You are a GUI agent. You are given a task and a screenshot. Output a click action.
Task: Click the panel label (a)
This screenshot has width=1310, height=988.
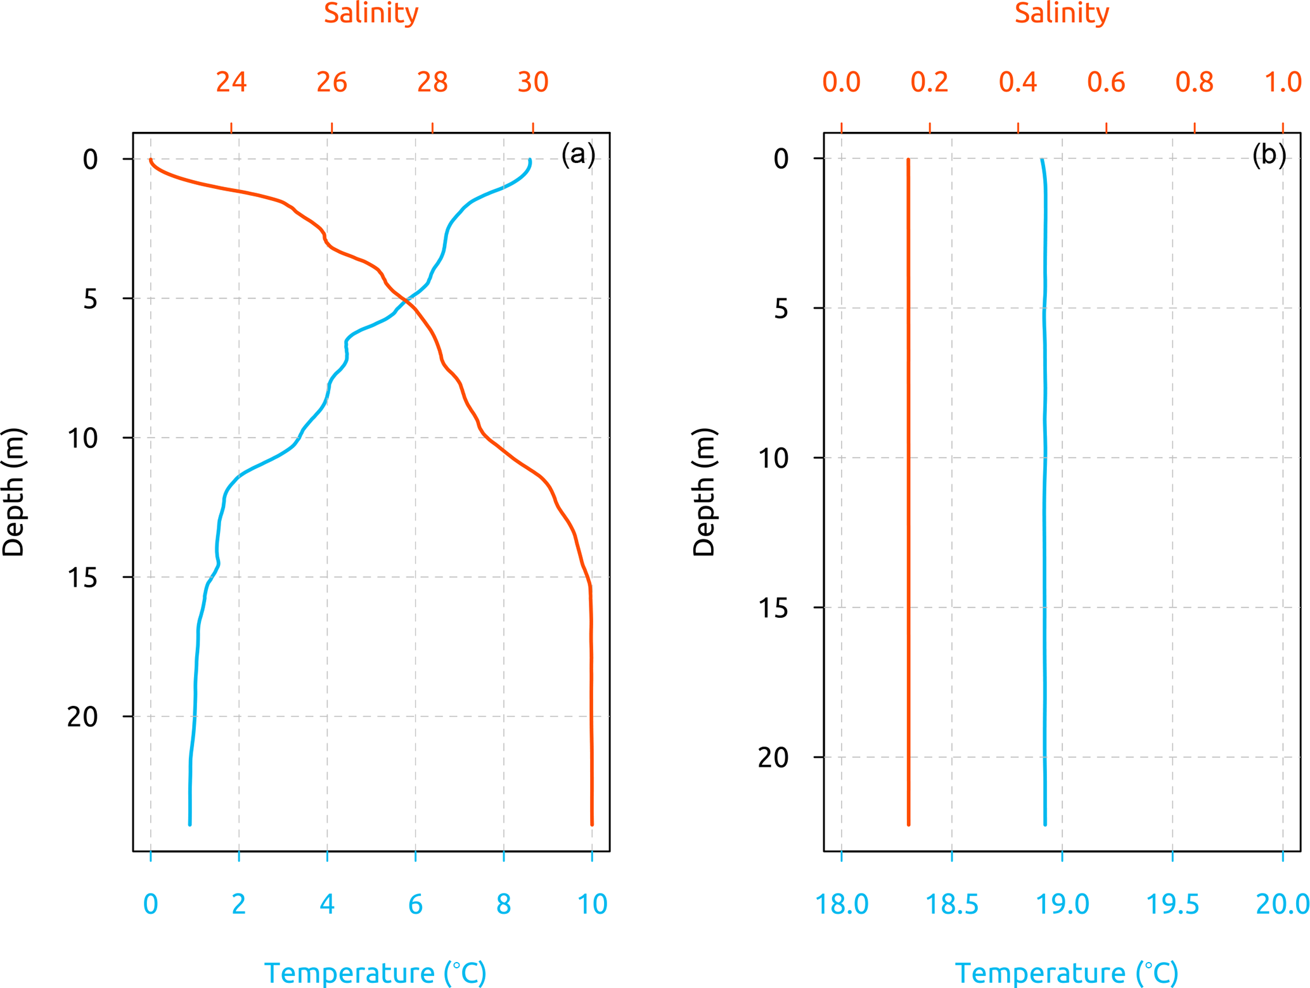tap(577, 154)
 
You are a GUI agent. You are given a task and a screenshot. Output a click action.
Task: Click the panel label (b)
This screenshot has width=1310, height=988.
tap(1268, 154)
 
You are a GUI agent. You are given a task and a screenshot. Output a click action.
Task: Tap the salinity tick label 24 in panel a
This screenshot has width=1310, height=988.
tap(231, 82)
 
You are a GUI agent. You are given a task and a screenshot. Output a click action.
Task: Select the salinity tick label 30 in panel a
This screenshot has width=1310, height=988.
tap(532, 82)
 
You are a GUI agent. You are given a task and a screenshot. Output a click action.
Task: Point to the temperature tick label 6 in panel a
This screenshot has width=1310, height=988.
tap(415, 904)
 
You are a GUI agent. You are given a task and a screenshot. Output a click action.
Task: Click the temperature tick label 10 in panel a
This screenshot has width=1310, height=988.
tap(592, 904)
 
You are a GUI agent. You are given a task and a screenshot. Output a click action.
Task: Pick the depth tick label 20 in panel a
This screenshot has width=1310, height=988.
tap(82, 717)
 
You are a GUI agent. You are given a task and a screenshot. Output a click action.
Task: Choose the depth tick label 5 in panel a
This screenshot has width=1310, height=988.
tap(90, 298)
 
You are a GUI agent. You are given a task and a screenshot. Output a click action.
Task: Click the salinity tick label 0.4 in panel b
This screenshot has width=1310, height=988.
tap(1018, 82)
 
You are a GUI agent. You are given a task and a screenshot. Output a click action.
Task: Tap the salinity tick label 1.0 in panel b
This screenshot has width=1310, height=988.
tap(1283, 82)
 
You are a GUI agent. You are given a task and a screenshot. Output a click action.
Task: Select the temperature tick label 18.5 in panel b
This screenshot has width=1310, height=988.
tap(951, 904)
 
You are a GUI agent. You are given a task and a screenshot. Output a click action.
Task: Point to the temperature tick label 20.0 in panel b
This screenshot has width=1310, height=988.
tap(1282, 904)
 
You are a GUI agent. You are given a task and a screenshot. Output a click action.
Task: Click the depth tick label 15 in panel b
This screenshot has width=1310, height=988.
tap(773, 608)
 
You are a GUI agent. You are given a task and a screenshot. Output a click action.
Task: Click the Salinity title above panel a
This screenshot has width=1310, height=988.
tap(371, 13)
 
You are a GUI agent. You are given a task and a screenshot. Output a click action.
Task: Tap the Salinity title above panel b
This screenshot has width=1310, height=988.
tap(1062, 13)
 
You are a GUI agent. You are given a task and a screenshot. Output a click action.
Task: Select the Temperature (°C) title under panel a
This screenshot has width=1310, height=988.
tap(375, 973)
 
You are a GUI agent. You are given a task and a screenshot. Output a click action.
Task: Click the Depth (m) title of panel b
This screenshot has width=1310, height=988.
tap(703, 492)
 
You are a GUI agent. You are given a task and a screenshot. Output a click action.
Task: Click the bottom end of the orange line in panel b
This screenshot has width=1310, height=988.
tap(908, 824)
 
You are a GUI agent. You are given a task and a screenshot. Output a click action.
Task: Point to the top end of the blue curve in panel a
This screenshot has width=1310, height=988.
tap(529, 161)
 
